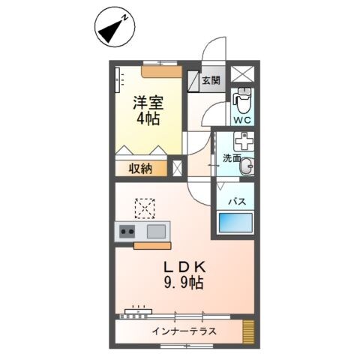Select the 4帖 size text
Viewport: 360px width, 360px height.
click(148, 119)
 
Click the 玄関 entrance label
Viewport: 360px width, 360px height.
click(211, 80)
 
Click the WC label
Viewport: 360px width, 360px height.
click(241, 119)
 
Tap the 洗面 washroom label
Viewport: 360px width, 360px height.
click(231, 159)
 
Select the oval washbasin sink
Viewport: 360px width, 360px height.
click(247, 167)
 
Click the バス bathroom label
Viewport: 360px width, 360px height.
click(237, 201)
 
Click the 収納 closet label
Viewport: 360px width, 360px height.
click(140, 169)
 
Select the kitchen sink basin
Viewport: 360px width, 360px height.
click(157, 231)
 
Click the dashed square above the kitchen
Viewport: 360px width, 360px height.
click(145, 206)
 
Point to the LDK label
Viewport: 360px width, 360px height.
click(184, 268)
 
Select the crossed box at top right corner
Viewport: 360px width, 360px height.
click(242, 74)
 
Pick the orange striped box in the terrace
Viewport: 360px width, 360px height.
click(249, 331)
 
